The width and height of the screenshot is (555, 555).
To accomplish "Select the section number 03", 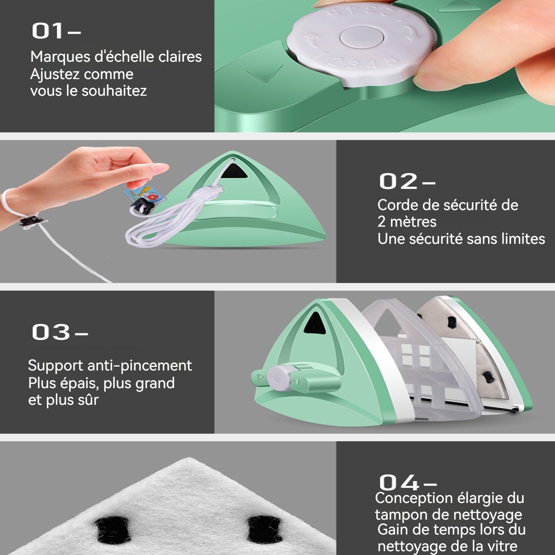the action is click(x=51, y=332).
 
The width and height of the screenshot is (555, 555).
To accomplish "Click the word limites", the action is click(x=523, y=239).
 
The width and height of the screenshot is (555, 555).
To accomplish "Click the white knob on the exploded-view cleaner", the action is click(x=279, y=379).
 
